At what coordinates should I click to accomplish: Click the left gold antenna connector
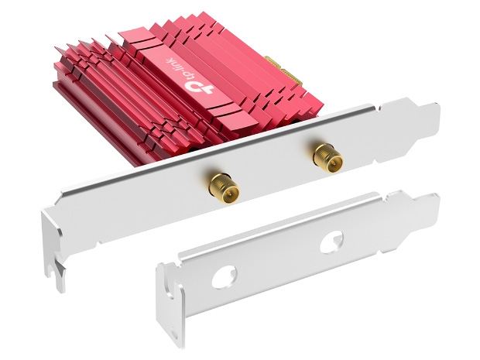click(224, 188)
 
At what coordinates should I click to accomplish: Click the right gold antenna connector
click(327, 157)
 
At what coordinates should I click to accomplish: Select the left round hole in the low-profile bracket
click(225, 278)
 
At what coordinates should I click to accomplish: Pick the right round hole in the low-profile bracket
click(331, 242)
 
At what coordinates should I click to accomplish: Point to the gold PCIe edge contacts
click(284, 71)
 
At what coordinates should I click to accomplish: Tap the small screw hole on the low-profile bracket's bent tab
click(174, 333)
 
